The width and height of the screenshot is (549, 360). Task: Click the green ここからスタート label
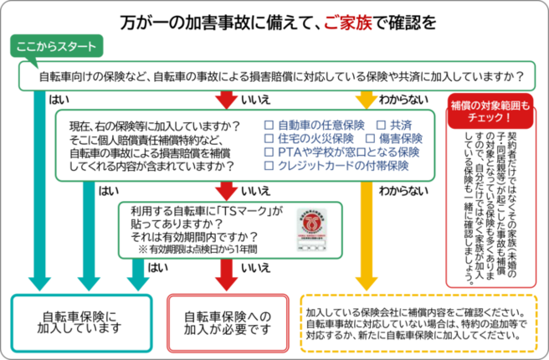pyautogui.click(x=57, y=47)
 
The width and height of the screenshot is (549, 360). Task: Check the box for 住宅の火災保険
pyautogui.click(x=269, y=139)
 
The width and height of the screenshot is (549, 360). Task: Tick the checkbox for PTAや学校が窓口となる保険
pyautogui.click(x=269, y=152)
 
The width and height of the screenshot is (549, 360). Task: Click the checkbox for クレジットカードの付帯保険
pyautogui.click(x=269, y=166)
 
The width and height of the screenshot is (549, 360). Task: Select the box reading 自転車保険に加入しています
pyautogui.click(x=81, y=322)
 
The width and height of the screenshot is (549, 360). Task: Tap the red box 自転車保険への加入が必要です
pyautogui.click(x=228, y=322)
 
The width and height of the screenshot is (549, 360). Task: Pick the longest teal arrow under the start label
pyautogui.click(x=38, y=184)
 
